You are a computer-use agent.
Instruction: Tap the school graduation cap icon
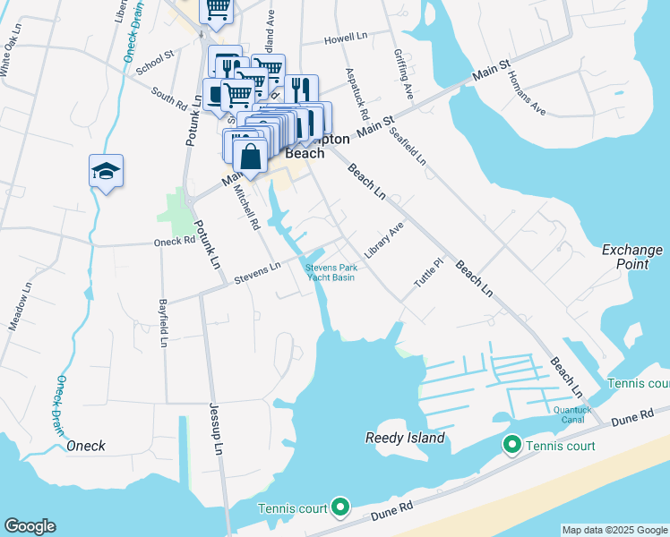point(106,170)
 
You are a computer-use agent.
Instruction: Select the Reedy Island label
point(405,438)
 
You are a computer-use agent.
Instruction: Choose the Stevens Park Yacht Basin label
point(331,272)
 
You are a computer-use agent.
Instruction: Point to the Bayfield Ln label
point(164,322)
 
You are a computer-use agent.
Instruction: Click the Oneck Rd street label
point(174,241)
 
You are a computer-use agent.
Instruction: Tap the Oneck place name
point(85,446)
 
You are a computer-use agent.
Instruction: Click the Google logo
point(30,526)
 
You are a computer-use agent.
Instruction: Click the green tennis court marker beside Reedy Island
point(511,444)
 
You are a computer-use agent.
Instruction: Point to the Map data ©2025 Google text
point(614,530)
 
